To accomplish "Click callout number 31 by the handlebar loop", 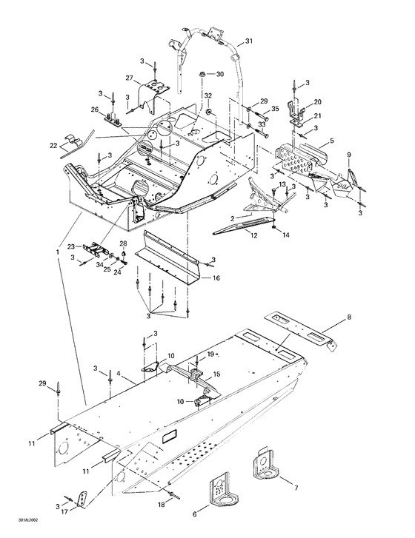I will point(248,41).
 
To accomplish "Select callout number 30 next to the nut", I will point(219,75).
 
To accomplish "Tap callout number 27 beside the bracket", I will point(128,78).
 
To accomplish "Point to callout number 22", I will point(53,146).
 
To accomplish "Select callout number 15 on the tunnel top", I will point(216,375).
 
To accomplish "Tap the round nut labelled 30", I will point(201,75).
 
